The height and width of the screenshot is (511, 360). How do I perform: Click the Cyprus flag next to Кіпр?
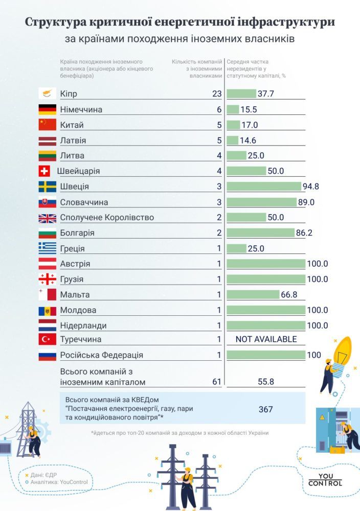(x=48, y=94)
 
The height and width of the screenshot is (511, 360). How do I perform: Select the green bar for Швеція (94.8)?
(x=264, y=187)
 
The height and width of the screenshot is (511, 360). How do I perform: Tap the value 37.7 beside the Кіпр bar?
(x=266, y=94)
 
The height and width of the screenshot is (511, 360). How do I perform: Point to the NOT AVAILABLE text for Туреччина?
(x=266, y=339)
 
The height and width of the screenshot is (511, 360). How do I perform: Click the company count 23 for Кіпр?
(x=216, y=94)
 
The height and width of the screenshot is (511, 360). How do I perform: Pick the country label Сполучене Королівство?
(x=107, y=218)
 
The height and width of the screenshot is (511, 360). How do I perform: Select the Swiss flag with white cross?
(x=44, y=171)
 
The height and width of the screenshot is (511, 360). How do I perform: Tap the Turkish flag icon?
(x=48, y=339)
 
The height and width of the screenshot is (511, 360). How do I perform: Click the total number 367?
(x=265, y=409)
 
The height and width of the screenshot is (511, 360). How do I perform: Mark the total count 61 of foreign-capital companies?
(x=216, y=382)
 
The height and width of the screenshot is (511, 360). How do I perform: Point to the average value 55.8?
(x=265, y=382)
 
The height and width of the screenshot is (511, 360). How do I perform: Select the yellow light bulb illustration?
(x=341, y=351)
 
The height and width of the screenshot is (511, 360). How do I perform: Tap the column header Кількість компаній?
(x=197, y=62)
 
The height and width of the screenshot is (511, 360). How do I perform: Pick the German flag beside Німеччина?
(x=48, y=109)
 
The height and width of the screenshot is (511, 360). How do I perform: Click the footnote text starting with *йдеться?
(x=179, y=433)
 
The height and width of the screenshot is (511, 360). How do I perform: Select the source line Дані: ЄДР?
(x=43, y=475)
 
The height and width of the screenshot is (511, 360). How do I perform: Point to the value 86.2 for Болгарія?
(x=305, y=233)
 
